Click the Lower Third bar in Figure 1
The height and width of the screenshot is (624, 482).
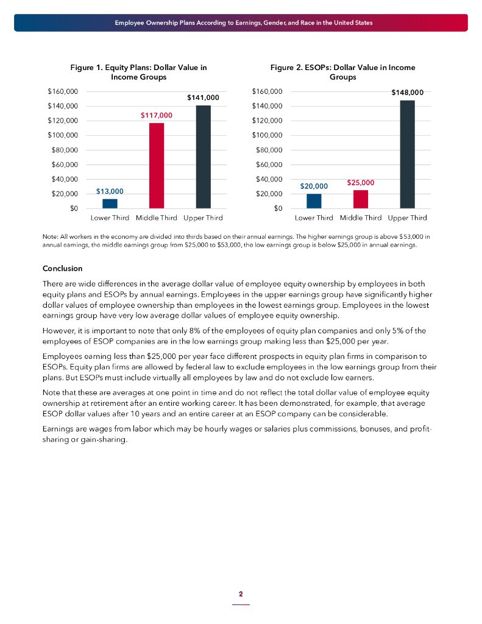(110, 204)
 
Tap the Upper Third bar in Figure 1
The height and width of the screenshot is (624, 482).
(203, 157)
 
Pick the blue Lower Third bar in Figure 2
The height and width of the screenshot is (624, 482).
(314, 201)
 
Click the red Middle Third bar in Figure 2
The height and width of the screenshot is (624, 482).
(361, 199)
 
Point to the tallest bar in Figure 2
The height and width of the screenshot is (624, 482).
(407, 155)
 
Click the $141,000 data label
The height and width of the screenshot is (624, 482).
(203, 97)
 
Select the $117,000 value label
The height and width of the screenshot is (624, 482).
(157, 115)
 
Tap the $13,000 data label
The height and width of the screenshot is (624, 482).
(110, 191)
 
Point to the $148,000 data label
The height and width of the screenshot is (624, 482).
(407, 93)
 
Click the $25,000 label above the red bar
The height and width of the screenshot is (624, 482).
(361, 182)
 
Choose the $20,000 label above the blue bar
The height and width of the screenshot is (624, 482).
(314, 186)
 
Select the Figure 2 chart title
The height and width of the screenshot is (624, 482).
(342, 73)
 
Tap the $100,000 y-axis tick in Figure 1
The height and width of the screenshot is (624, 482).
(63, 135)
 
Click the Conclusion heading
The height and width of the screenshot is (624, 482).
(62, 269)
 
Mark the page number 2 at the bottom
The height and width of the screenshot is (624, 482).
(241, 594)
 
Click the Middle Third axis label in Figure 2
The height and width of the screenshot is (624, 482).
(361, 218)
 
